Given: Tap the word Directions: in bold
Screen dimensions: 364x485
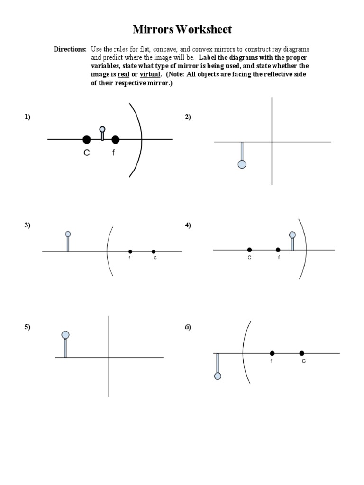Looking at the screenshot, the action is (x=70, y=49).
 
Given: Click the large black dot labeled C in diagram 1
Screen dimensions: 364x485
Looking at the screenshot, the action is (x=86, y=139).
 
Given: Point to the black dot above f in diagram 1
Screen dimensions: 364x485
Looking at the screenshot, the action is (x=115, y=139).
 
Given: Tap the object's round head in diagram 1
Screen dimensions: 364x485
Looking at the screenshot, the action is (x=102, y=129).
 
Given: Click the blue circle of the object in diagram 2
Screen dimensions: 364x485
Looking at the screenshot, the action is (x=242, y=164).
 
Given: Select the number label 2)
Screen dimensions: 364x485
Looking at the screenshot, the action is (x=188, y=117).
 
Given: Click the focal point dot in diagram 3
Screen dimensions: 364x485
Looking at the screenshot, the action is (x=130, y=251).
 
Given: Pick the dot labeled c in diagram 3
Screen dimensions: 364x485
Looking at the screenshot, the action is (x=154, y=251).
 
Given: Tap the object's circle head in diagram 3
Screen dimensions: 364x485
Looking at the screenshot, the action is (x=68, y=234).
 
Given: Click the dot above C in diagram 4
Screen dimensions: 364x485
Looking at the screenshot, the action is (x=249, y=250).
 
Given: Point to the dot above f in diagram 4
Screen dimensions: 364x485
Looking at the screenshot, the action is (x=278, y=250).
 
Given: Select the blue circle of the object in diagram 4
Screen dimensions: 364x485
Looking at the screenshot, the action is (x=292, y=234).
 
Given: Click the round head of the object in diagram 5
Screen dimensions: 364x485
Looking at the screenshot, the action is (x=65, y=335).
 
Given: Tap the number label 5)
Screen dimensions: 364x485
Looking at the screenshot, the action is (x=27, y=327).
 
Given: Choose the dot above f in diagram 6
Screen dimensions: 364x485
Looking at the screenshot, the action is (x=272, y=353).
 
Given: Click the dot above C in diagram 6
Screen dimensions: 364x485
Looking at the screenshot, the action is (x=302, y=353).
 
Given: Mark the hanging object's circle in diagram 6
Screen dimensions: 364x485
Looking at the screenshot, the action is (x=218, y=376).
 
